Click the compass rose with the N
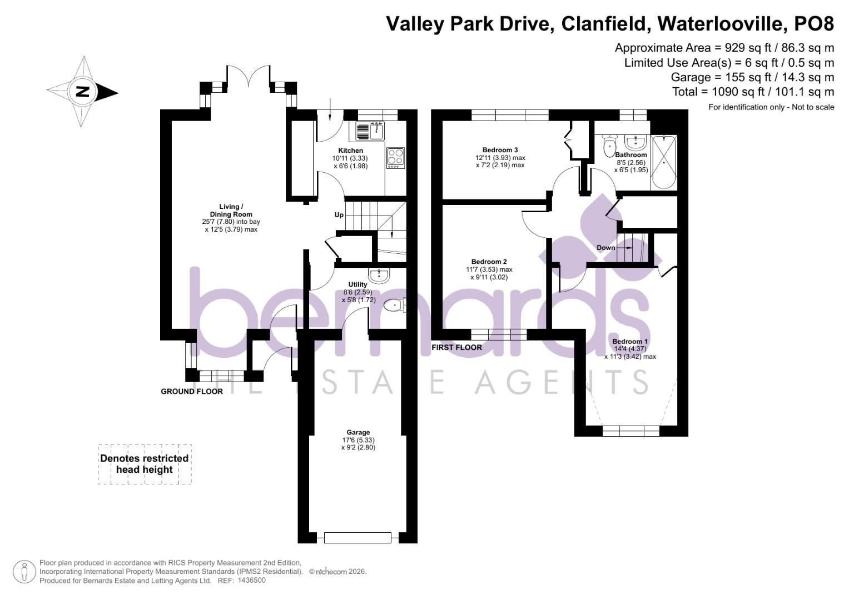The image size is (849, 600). (82, 92)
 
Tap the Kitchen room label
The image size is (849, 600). (350, 151)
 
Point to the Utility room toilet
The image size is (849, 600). (395, 305)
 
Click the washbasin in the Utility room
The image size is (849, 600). (380, 275)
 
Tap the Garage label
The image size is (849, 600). (358, 432)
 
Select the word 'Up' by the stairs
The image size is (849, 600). (339, 215)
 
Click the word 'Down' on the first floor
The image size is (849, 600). (605, 247)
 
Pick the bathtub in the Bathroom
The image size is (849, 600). (664, 162)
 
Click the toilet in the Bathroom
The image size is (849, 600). (609, 147)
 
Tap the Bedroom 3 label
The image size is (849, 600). (500, 150)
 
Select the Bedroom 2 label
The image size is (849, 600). (489, 262)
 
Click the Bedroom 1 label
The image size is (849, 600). (630, 341)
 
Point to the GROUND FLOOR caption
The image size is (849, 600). (192, 391)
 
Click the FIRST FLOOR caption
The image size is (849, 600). (456, 347)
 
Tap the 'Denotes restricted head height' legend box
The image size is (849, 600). (145, 464)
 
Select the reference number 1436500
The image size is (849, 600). (251, 581)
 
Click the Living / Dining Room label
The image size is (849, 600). (231, 211)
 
